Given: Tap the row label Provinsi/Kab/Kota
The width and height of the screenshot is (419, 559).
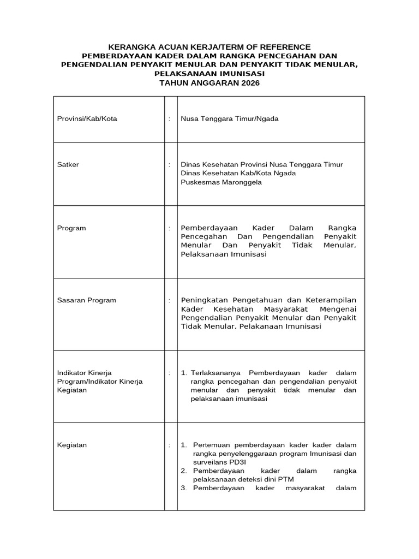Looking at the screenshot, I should tap(87, 118).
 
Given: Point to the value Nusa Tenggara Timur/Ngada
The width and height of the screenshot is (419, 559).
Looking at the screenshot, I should tap(229, 118).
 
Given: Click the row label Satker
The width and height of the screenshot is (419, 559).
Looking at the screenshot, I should tap(68, 164).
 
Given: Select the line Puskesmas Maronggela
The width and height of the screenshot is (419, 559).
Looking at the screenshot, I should tap(221, 182).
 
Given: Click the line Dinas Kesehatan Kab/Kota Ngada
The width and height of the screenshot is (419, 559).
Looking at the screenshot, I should tap(238, 173).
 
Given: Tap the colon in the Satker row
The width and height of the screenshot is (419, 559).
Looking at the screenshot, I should tap(170, 164).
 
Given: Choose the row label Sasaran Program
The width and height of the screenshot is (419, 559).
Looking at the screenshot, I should tap(87, 300).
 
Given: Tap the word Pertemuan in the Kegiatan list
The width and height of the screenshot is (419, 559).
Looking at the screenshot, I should tap(212, 445).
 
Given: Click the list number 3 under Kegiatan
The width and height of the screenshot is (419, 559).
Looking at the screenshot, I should tap(184, 488).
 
